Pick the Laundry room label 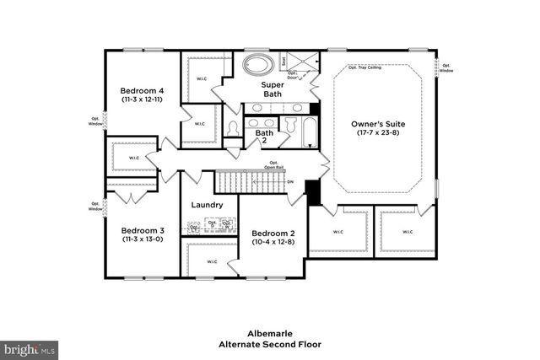point(207,205)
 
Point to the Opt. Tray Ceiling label point(364,67)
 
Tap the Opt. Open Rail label point(273,164)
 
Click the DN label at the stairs point(290,181)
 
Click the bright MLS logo point(30,347)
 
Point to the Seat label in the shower point(284,61)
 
